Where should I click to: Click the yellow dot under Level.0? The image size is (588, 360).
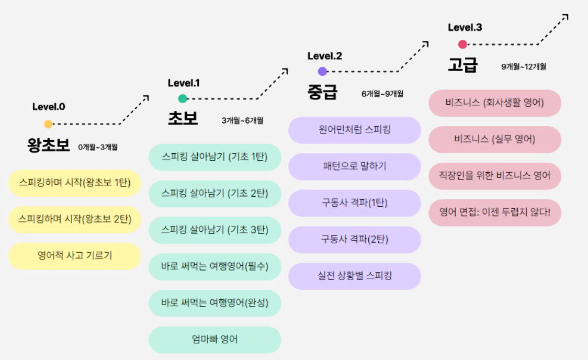[x=48, y=124]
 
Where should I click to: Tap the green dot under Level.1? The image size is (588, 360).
[x=183, y=98]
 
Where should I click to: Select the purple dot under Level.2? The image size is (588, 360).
[x=322, y=71]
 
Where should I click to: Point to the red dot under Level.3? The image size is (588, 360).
[x=462, y=44]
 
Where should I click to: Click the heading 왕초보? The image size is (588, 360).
[x=49, y=145]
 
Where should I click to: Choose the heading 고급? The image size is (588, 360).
[x=462, y=65]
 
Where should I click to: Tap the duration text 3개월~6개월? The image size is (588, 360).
[x=242, y=121]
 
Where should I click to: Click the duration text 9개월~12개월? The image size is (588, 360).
[x=524, y=66]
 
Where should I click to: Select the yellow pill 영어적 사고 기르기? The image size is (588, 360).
[x=75, y=256]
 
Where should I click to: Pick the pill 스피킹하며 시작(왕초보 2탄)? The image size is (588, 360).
[x=75, y=219]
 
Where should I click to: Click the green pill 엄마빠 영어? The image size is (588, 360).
[x=215, y=340]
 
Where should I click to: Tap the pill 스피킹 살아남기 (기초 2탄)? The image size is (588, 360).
[x=215, y=194]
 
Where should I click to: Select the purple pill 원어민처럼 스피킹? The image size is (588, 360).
[x=355, y=130]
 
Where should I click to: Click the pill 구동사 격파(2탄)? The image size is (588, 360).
[x=355, y=240]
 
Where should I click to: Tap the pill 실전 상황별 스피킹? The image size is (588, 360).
[x=355, y=276]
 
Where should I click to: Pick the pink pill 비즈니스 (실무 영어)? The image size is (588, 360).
[x=495, y=139]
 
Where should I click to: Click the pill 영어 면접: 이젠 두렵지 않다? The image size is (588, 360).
[x=495, y=212]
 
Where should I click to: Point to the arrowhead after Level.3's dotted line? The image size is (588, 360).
[x=565, y=17]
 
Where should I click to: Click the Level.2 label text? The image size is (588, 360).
[x=325, y=56]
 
